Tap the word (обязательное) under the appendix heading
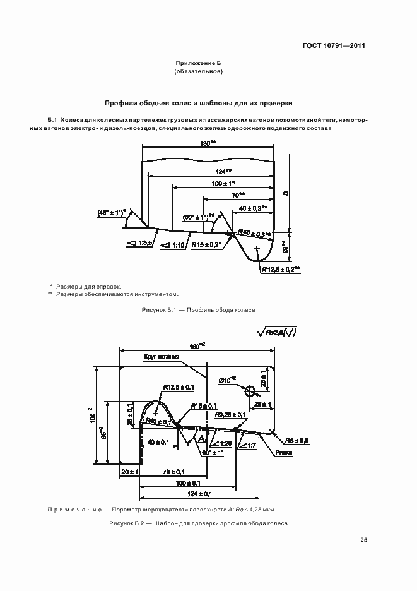[x=197, y=72]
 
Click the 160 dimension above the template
[x=198, y=347]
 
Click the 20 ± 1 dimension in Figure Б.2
[x=129, y=472]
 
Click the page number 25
[x=363, y=539]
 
